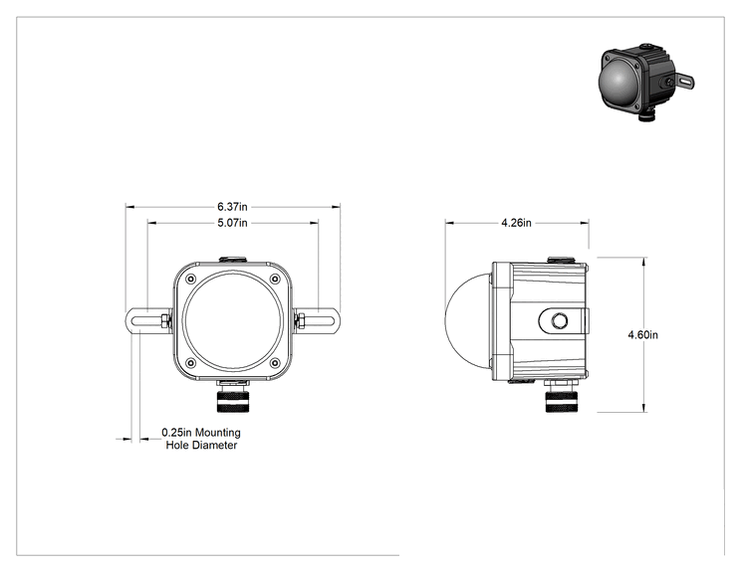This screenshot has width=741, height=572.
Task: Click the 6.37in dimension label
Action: click(232, 207)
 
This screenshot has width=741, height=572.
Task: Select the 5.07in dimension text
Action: click(232, 223)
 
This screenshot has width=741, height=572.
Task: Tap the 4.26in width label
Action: click(516, 223)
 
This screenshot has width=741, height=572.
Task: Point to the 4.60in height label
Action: click(642, 334)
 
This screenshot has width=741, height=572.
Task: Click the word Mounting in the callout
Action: click(218, 433)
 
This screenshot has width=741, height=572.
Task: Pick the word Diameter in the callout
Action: click(214, 445)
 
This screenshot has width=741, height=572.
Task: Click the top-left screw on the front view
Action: click(191, 279)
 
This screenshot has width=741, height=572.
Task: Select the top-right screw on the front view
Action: click(275, 279)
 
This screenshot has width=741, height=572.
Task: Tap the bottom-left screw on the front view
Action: click(191, 363)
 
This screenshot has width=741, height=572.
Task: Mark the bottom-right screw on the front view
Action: click(275, 363)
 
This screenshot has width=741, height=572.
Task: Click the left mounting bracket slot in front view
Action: click(146, 321)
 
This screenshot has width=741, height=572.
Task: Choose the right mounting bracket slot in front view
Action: click(320, 321)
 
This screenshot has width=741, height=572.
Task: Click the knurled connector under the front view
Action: click(232, 400)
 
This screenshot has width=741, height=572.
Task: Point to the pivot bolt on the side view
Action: click(560, 321)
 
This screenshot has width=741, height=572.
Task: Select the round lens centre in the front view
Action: click(232, 320)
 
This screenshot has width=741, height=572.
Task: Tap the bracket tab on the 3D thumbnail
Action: click(684, 83)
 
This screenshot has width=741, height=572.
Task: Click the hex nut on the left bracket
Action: click(165, 321)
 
